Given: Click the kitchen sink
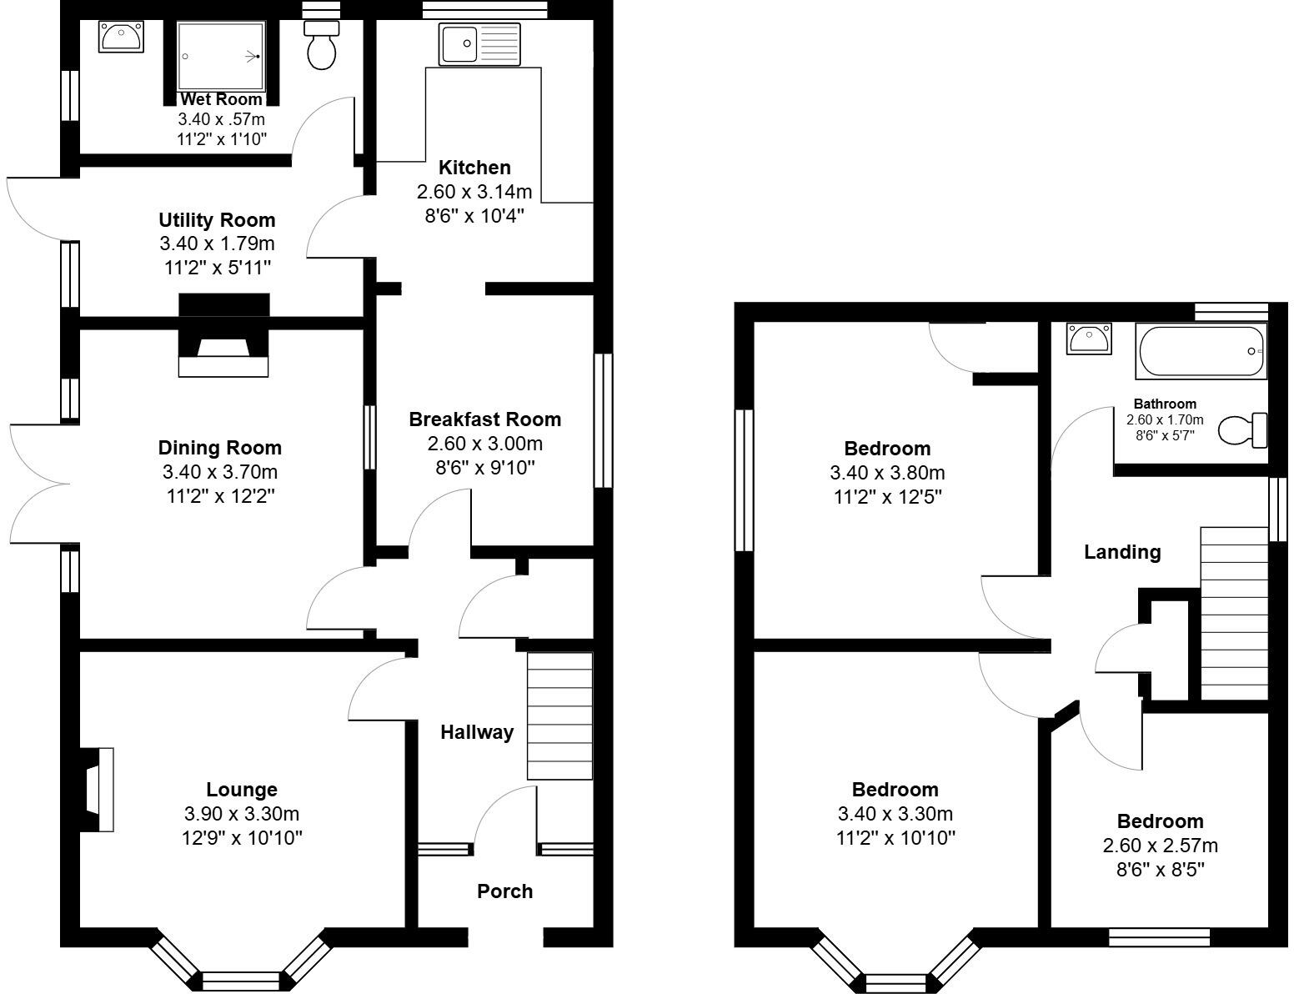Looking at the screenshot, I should click(x=479, y=44).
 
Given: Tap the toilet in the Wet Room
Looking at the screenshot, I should click(x=322, y=46).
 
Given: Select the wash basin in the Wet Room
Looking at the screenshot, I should click(x=121, y=37).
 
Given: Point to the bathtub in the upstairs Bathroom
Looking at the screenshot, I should click(x=1201, y=352).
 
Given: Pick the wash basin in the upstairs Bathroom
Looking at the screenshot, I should click(x=1089, y=339).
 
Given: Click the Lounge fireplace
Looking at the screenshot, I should click(x=99, y=790).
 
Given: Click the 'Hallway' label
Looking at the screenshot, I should click(x=477, y=732).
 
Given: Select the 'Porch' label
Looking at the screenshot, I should click(x=504, y=891).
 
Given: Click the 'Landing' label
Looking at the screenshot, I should click(x=1121, y=552).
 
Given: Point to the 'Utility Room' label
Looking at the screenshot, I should click(x=217, y=220).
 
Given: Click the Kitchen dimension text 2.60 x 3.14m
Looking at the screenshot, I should click(x=474, y=192).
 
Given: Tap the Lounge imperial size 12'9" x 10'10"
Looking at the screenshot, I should click(x=242, y=838).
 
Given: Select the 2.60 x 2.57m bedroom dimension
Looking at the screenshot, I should click(x=1160, y=846).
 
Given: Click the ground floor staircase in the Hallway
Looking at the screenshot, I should click(x=559, y=716).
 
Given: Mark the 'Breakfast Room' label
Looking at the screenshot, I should click(x=484, y=419).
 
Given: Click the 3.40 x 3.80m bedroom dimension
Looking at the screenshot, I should click(x=887, y=473).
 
